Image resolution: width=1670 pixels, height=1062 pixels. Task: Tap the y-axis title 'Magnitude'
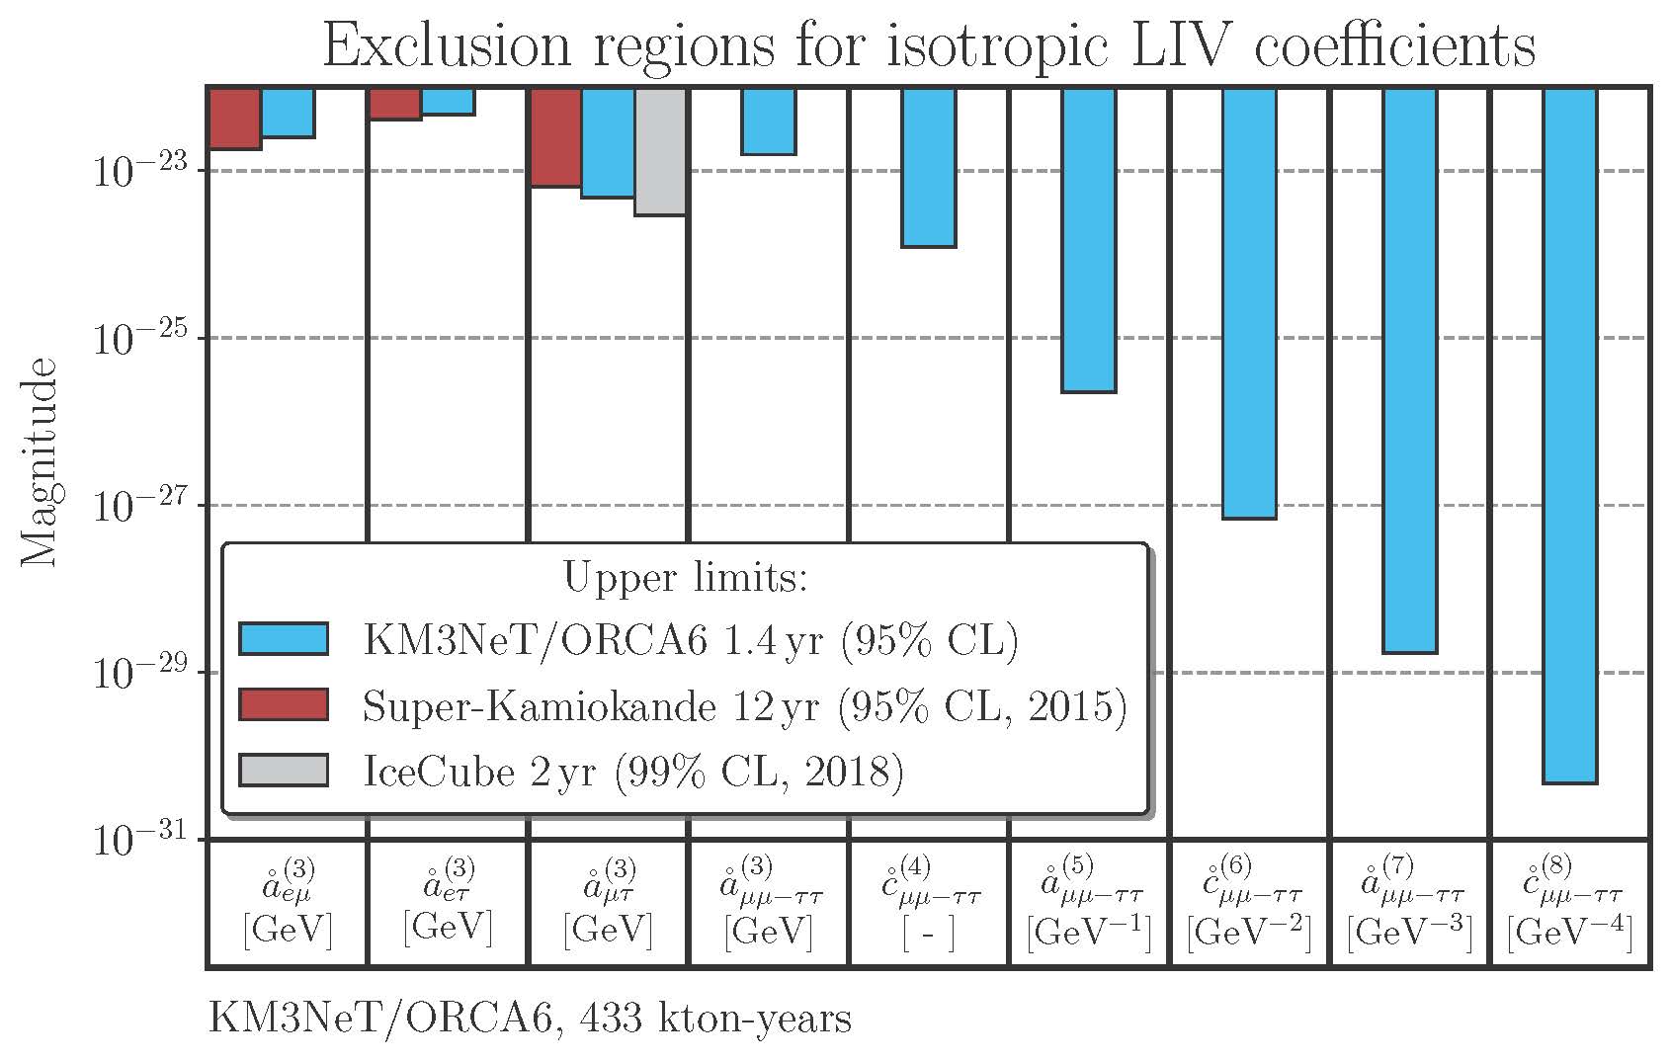pos(40,462)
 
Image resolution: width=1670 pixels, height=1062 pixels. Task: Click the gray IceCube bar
pos(661,151)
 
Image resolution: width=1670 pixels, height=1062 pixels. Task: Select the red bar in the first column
pos(235,119)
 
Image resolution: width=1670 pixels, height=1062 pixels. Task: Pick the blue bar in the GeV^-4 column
pos(1570,435)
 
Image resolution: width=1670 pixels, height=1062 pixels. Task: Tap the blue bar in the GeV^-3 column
pos(1410,370)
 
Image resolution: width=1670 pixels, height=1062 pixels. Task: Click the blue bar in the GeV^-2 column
pos(1249,303)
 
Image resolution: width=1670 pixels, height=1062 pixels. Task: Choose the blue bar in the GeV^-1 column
pos(1089,240)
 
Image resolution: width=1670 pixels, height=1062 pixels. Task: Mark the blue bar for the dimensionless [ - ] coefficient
pos(929,167)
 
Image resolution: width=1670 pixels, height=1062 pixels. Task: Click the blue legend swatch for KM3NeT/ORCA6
pos(284,638)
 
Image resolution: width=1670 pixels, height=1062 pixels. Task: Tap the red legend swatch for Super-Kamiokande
pos(284,704)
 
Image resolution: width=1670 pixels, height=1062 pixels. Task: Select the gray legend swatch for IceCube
pos(284,771)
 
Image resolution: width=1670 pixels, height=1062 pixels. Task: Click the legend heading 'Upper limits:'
pos(685,577)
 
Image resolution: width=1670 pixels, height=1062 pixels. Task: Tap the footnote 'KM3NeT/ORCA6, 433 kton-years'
pos(530,1017)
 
